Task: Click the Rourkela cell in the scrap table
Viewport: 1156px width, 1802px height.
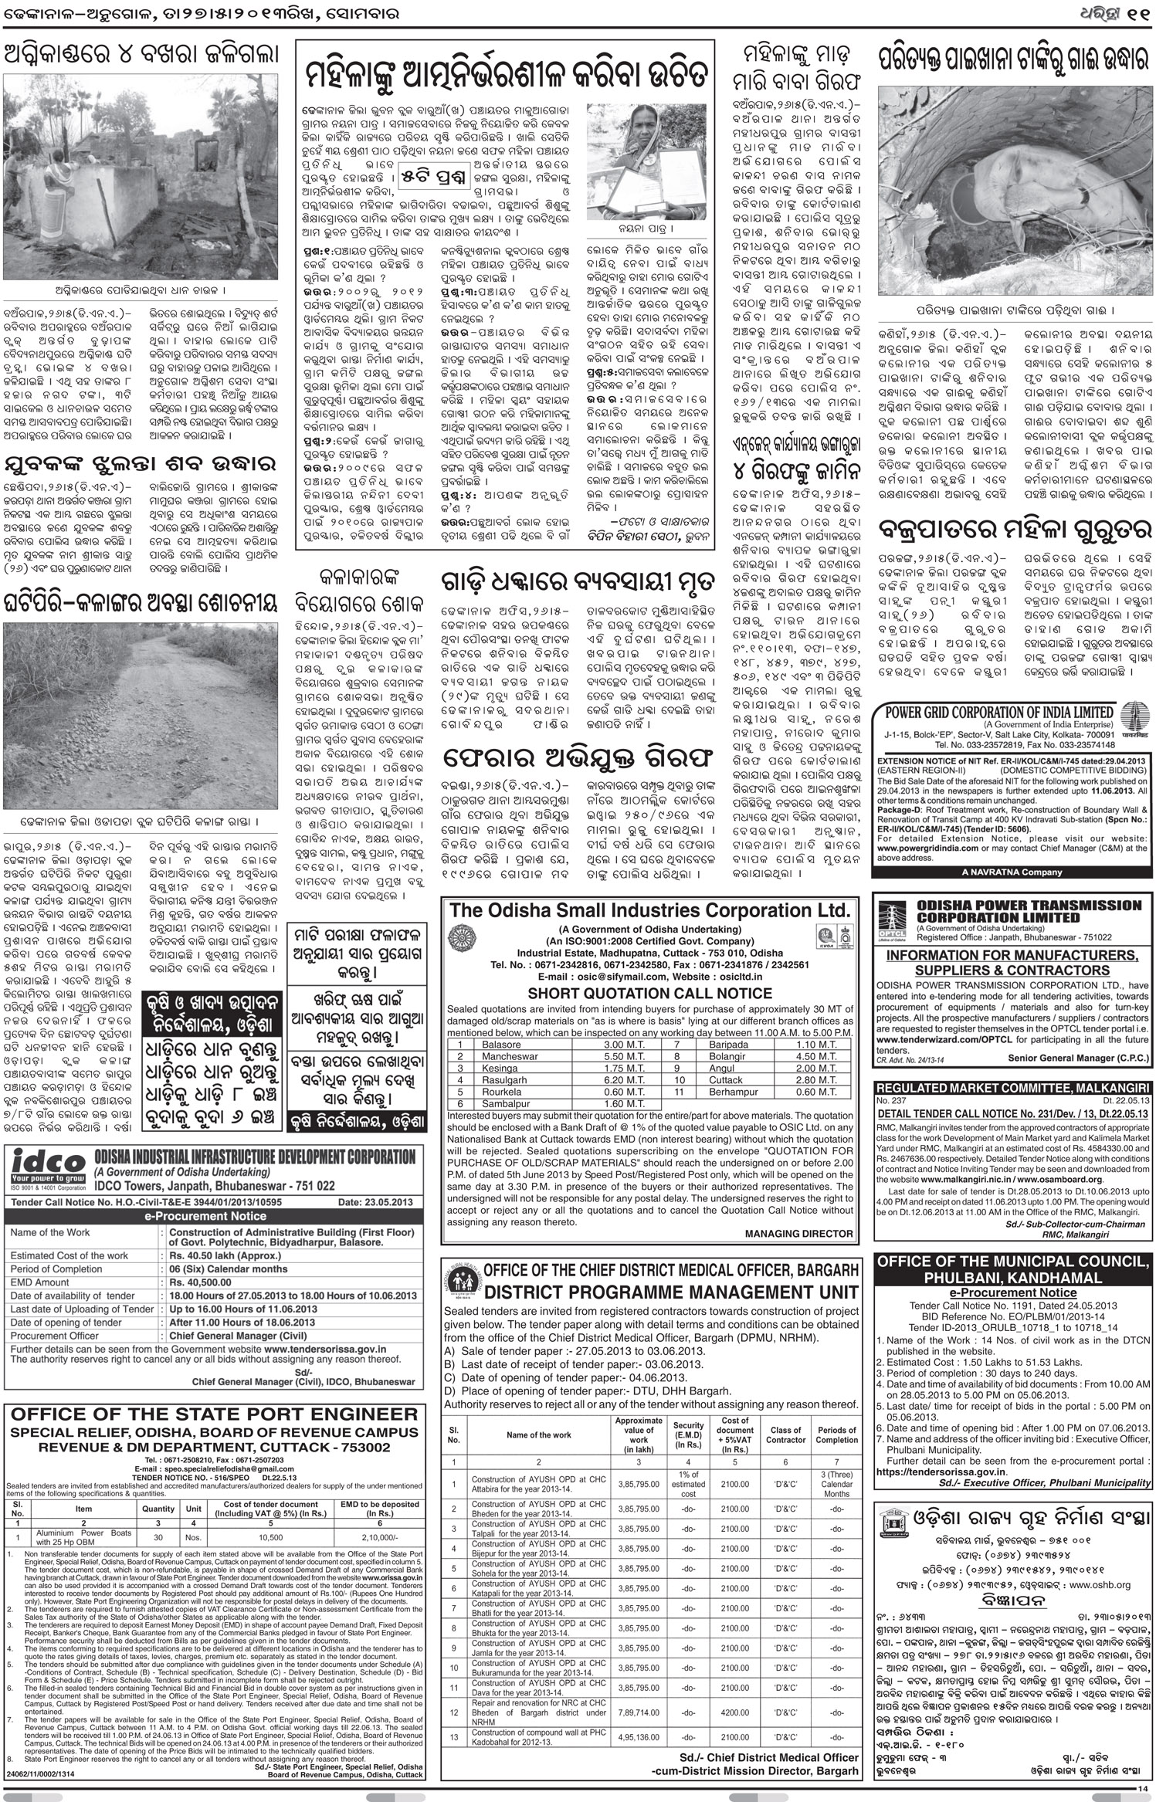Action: pos(479,1092)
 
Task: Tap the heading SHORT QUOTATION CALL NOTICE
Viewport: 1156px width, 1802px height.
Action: pos(649,994)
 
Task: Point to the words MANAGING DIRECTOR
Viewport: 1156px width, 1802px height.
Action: pos(798,1234)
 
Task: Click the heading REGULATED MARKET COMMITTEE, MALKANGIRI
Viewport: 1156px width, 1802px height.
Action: pos(1012,1087)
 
